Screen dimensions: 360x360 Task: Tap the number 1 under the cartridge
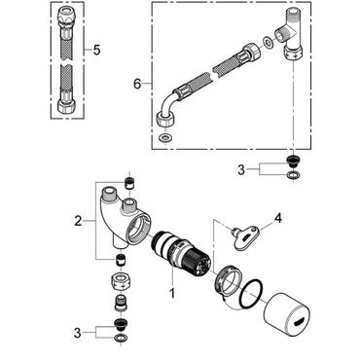pyautogui.click(x=171, y=292)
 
